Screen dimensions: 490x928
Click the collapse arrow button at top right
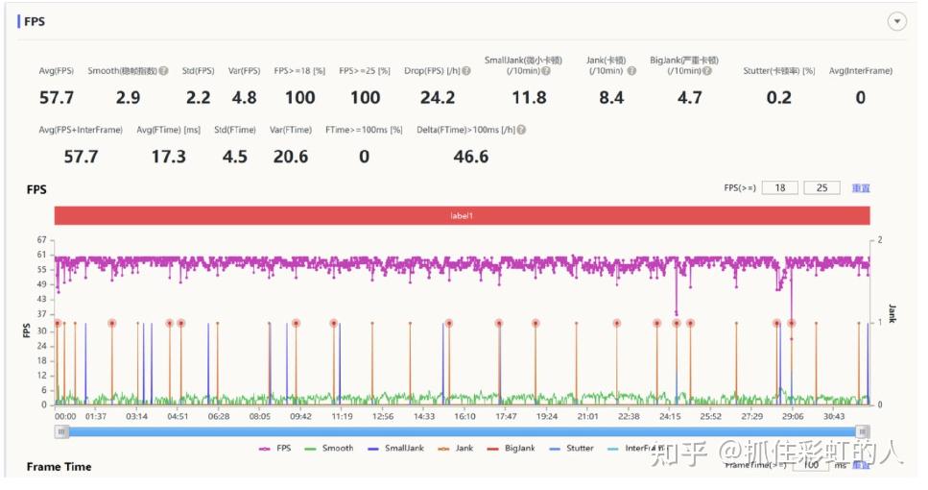click(x=897, y=21)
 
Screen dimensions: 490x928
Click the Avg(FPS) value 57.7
click(x=57, y=98)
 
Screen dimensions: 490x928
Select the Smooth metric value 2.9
click(x=128, y=98)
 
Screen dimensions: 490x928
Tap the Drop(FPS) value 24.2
click(x=437, y=98)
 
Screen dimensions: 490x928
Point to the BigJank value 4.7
click(x=689, y=98)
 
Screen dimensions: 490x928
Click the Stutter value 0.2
click(x=779, y=98)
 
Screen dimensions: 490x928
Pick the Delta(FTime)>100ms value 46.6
click(x=470, y=157)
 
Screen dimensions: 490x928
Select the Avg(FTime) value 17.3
click(x=168, y=157)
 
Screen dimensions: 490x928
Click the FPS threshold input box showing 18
click(x=779, y=188)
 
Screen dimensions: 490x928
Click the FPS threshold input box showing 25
click(x=821, y=188)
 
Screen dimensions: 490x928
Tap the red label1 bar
click(x=462, y=216)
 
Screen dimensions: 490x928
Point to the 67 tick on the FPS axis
click(x=41, y=239)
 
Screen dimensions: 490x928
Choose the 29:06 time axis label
click(x=793, y=416)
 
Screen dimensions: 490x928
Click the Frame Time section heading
click(x=59, y=467)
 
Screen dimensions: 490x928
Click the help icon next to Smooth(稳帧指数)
click(x=164, y=71)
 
